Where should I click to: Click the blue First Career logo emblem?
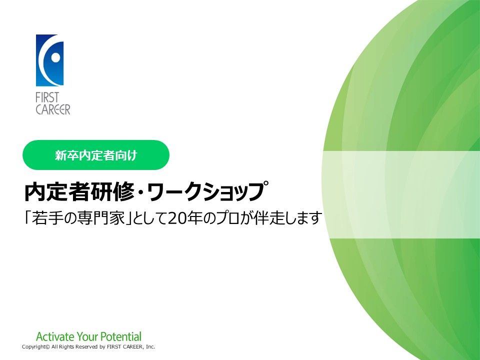(49, 60)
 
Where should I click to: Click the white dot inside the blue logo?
(55, 57)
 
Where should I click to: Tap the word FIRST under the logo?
(47, 97)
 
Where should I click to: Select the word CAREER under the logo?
(52, 109)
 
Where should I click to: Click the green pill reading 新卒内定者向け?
(96, 155)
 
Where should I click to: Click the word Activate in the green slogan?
(55, 336)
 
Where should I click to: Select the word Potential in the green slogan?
(121, 336)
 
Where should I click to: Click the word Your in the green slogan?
(87, 336)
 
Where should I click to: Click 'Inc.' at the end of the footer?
(150, 347)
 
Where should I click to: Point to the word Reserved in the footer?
(86, 347)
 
